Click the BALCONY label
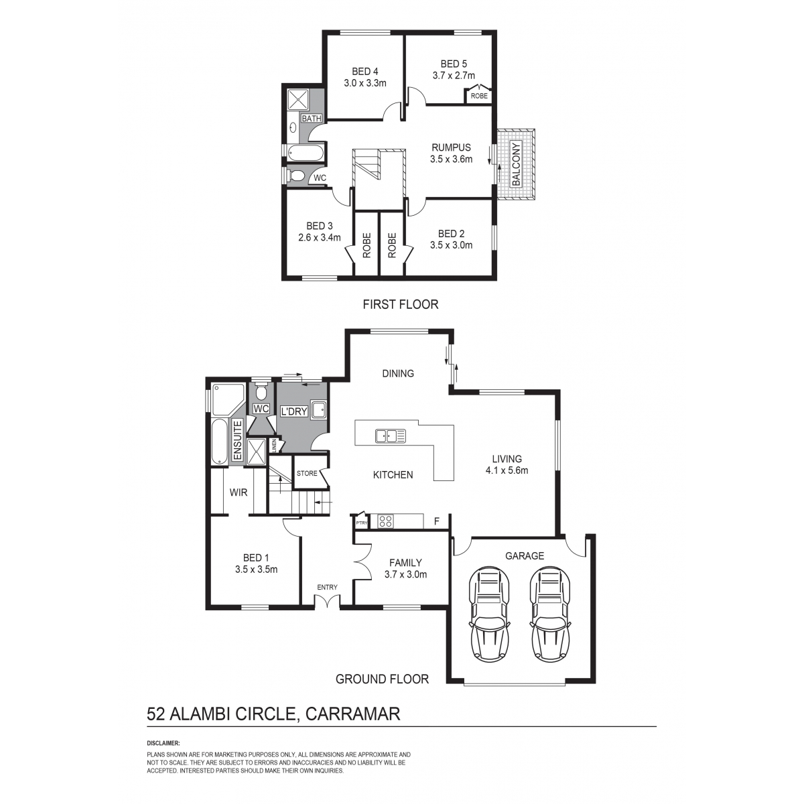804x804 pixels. point(516,164)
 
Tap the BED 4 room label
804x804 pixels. point(365,71)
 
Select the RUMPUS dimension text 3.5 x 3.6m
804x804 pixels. point(451,159)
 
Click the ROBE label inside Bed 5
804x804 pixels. point(479,96)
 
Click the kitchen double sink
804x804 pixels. point(391,436)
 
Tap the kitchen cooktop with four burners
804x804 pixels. point(385,521)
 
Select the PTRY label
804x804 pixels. point(361,523)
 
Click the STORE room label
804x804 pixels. point(307,473)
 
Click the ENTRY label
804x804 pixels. point(327,587)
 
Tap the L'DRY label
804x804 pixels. point(294,411)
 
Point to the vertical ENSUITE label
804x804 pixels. point(237,441)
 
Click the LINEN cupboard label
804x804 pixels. point(274,446)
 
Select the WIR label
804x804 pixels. point(239,492)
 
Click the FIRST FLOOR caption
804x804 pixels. point(401,304)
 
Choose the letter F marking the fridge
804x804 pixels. point(437,521)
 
